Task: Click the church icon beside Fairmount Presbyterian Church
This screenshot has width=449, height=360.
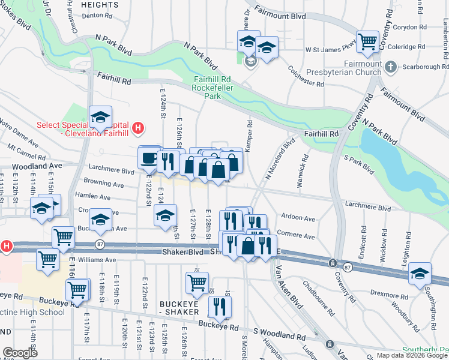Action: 391,67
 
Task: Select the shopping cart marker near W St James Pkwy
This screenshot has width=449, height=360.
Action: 367,42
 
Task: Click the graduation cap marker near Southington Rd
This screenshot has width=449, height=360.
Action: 420,274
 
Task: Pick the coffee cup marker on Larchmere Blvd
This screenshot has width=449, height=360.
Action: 149,158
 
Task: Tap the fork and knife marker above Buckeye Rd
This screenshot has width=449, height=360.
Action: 220,307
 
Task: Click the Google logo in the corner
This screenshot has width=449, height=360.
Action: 20,353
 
